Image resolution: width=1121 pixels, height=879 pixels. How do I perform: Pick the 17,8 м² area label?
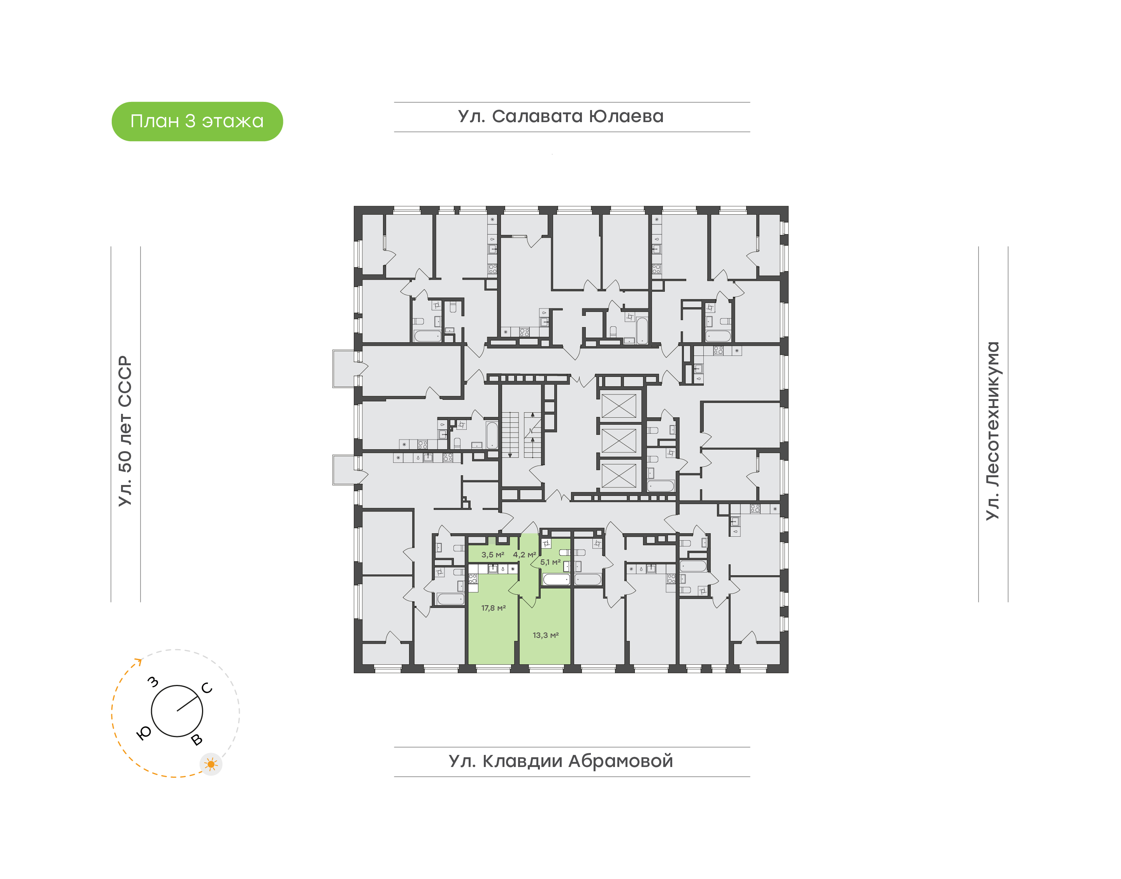(493, 608)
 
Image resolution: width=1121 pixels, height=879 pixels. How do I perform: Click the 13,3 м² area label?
(545, 635)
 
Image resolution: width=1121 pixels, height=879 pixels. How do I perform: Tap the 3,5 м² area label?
(492, 554)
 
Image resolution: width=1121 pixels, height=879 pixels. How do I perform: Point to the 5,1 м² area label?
(550, 562)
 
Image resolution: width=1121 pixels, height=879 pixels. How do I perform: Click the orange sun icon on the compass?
(211, 764)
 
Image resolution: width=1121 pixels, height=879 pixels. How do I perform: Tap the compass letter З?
(153, 683)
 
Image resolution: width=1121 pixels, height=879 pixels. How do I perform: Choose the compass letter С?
(207, 688)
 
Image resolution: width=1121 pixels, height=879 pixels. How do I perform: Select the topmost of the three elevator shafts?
(618, 406)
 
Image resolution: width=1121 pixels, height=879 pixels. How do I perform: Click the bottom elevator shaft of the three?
(618, 475)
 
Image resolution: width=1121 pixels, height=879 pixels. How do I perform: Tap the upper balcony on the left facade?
(343, 368)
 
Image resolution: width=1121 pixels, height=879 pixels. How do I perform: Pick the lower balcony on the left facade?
(343, 469)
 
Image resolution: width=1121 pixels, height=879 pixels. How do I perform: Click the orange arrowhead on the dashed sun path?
(138, 661)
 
